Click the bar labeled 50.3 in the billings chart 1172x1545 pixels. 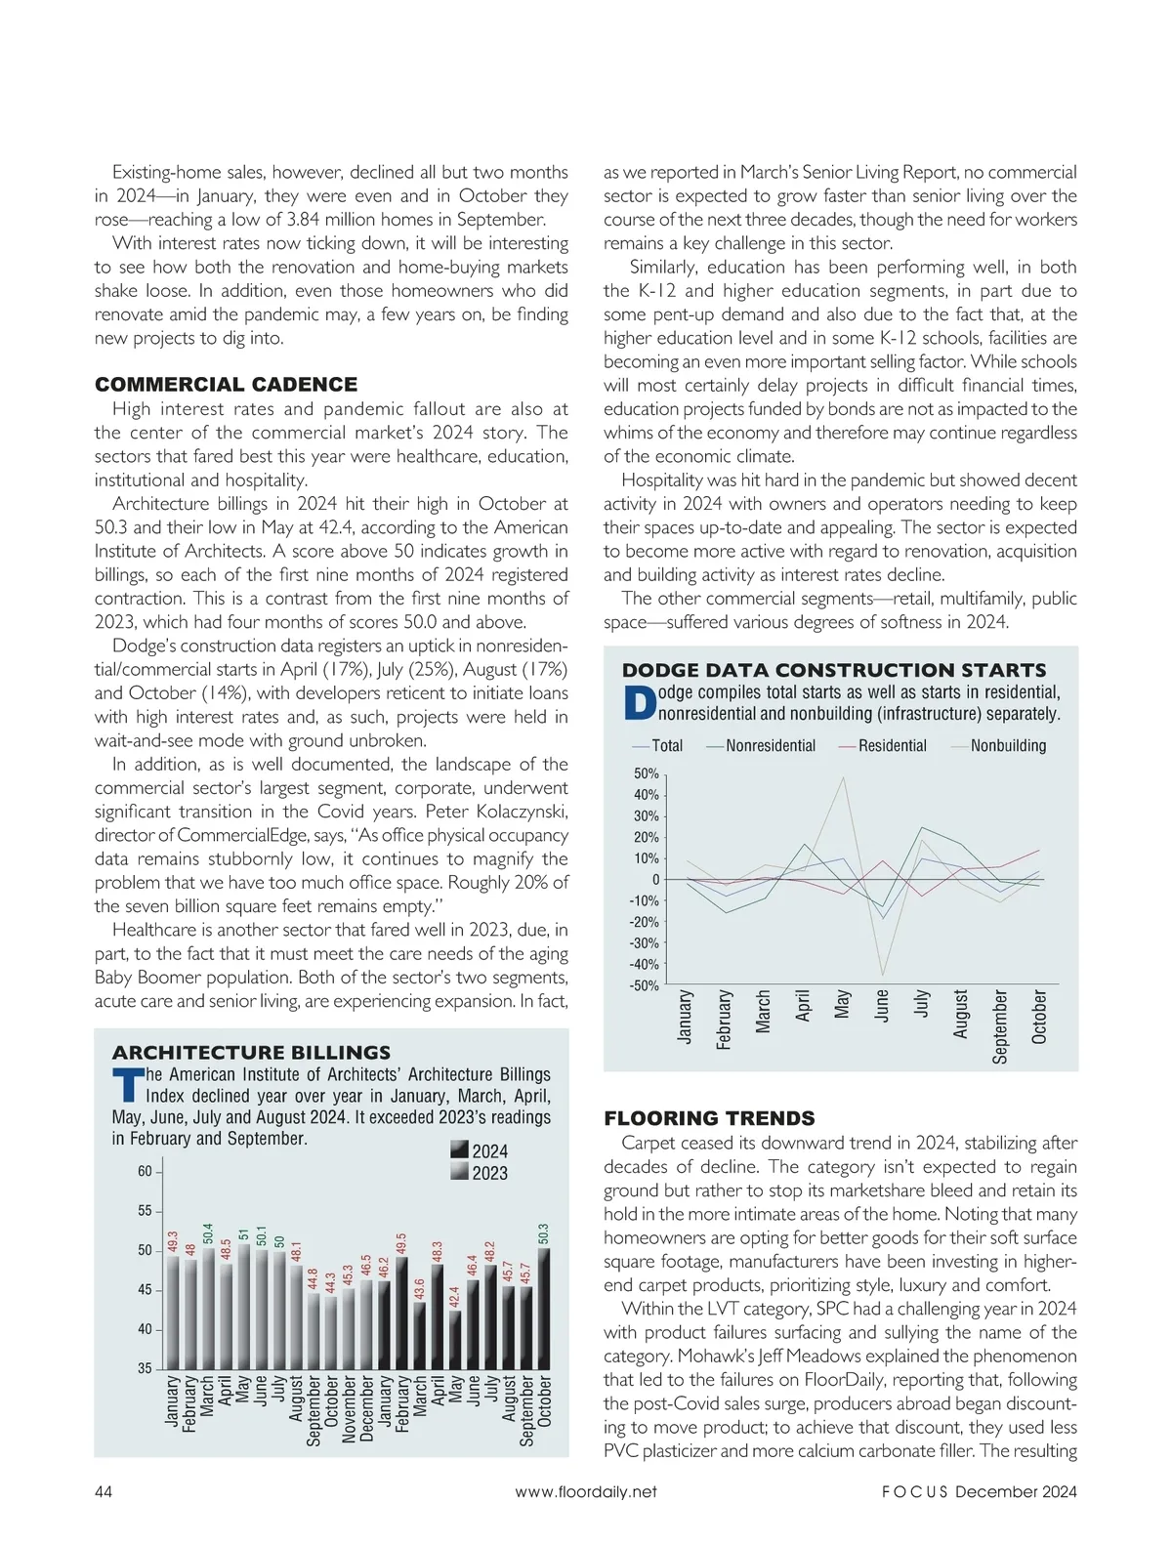tap(544, 1309)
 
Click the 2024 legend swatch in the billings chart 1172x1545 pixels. tap(460, 1150)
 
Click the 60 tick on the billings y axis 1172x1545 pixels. tap(145, 1171)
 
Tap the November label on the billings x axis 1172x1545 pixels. tap(350, 1409)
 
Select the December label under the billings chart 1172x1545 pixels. tap(367, 1408)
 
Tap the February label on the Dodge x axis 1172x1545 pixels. tap(724, 1020)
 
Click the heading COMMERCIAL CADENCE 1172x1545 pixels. tap(226, 385)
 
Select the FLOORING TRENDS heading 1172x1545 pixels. tap(709, 1118)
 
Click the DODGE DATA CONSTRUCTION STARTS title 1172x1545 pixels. tap(834, 670)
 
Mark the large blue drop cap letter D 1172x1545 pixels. tap(638, 704)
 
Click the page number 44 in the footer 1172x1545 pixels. tap(104, 1491)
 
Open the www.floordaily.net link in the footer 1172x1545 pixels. tap(586, 1491)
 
